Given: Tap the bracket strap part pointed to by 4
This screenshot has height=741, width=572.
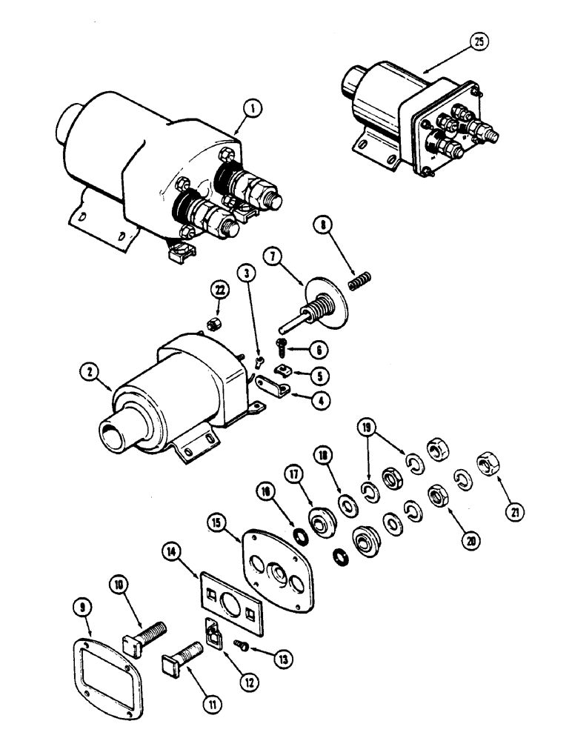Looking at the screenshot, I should coord(275,387).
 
